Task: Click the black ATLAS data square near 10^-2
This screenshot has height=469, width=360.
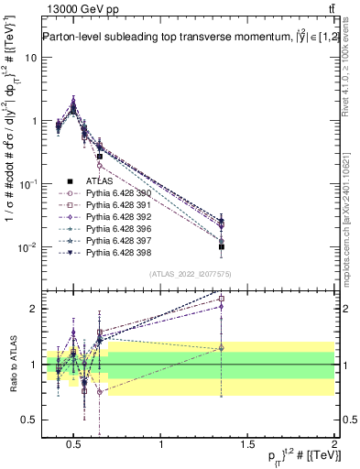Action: coord(222,246)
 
